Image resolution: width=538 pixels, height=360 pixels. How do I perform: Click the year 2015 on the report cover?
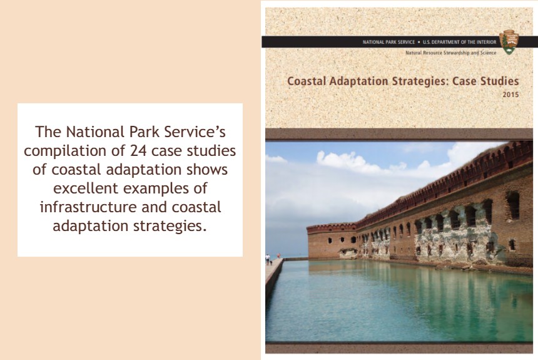[510, 95]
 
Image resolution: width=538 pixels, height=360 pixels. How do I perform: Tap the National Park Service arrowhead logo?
[508, 41]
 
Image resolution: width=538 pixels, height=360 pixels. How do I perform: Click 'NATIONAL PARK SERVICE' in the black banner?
[388, 42]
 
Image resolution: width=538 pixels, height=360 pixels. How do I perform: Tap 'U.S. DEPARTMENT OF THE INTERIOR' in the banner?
[460, 42]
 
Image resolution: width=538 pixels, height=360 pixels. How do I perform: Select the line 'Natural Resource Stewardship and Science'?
[450, 53]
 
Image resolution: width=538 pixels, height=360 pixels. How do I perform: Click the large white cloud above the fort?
[350, 162]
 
